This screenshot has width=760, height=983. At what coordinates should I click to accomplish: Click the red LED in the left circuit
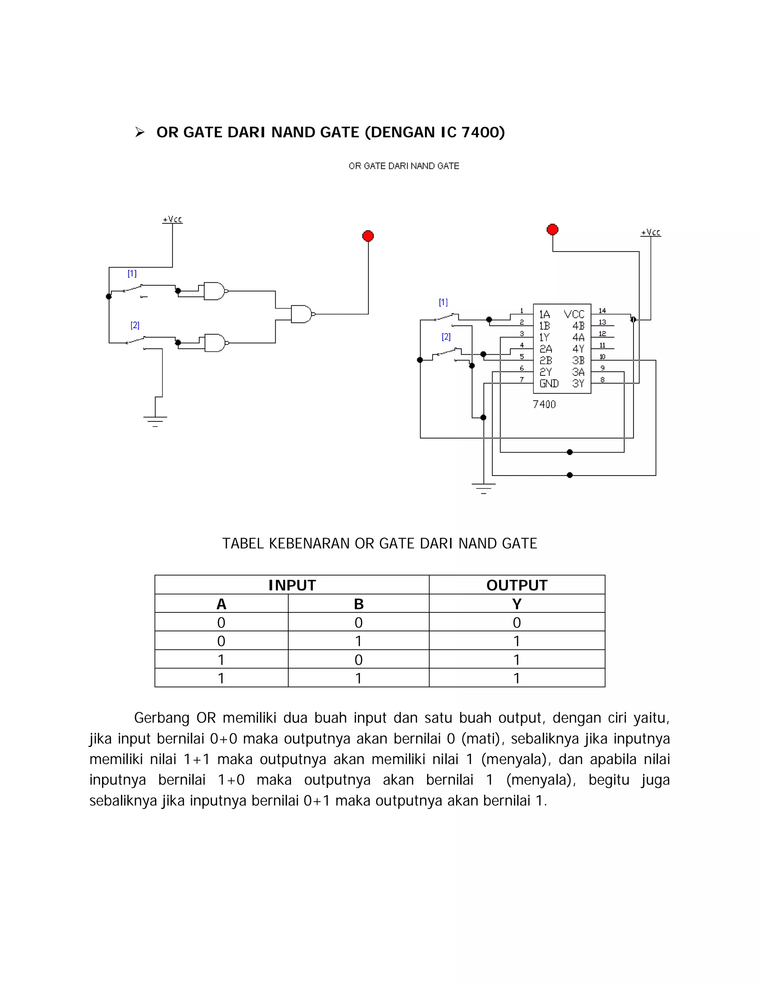[x=368, y=236]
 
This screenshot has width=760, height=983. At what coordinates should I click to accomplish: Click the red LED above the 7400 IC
[x=553, y=230]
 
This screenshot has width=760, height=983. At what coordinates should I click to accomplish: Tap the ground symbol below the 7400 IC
[x=484, y=487]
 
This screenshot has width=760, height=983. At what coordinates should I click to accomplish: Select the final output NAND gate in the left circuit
[x=302, y=314]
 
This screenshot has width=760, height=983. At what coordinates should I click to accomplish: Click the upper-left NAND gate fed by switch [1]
[x=214, y=291]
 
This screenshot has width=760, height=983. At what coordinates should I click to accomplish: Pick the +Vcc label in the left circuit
[x=173, y=219]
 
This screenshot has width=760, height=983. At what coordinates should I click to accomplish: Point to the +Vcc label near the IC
[x=651, y=232]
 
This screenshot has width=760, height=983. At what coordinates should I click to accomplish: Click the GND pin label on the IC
[x=549, y=384]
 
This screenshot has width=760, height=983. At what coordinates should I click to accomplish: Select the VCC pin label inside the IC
[x=574, y=314]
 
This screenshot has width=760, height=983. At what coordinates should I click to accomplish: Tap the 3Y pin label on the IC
[x=578, y=384]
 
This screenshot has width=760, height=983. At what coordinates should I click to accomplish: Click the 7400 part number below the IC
[x=544, y=404]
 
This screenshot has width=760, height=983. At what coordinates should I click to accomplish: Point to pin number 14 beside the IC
[x=602, y=310]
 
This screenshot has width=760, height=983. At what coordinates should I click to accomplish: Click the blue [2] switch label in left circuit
[x=135, y=325]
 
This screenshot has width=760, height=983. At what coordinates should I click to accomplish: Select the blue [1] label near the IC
[x=443, y=302]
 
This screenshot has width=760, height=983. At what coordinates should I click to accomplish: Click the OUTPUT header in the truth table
[x=517, y=585]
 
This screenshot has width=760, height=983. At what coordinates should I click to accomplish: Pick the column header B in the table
[x=358, y=604]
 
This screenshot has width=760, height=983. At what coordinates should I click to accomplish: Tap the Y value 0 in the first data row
[x=517, y=622]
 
